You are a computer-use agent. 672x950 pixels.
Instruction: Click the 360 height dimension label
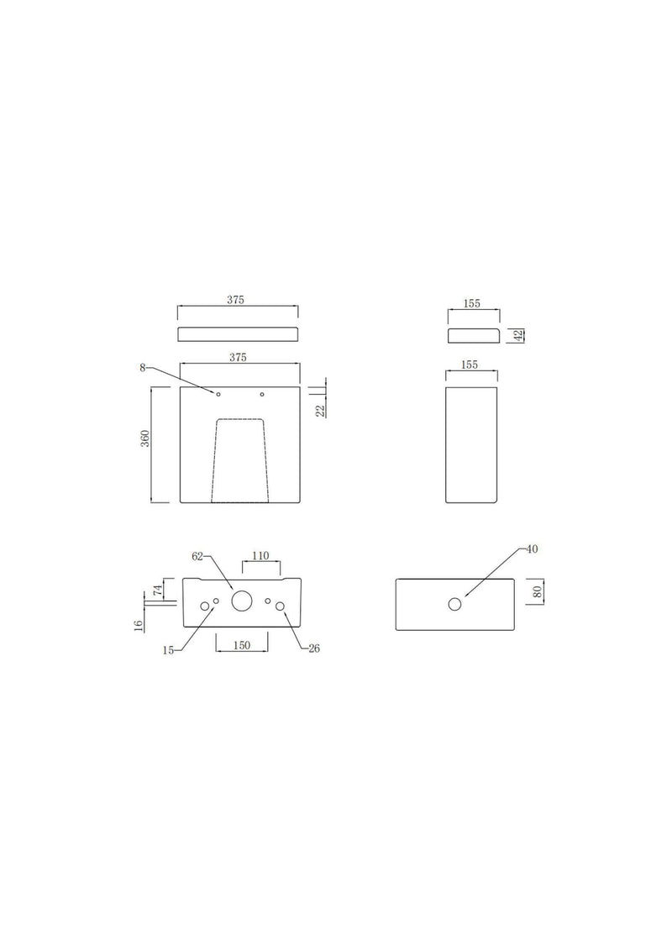145,439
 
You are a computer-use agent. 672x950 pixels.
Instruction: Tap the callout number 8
144,367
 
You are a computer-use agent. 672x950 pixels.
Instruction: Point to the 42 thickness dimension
519,334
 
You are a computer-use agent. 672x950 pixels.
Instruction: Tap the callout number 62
198,556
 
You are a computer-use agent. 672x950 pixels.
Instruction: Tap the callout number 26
314,648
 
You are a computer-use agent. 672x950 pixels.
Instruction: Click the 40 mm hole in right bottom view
454,604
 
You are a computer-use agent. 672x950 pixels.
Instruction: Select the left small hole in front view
218,395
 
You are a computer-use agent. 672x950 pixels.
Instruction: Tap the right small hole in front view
263,395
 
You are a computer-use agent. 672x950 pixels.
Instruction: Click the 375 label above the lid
238,300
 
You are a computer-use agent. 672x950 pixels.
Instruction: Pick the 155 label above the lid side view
471,304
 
